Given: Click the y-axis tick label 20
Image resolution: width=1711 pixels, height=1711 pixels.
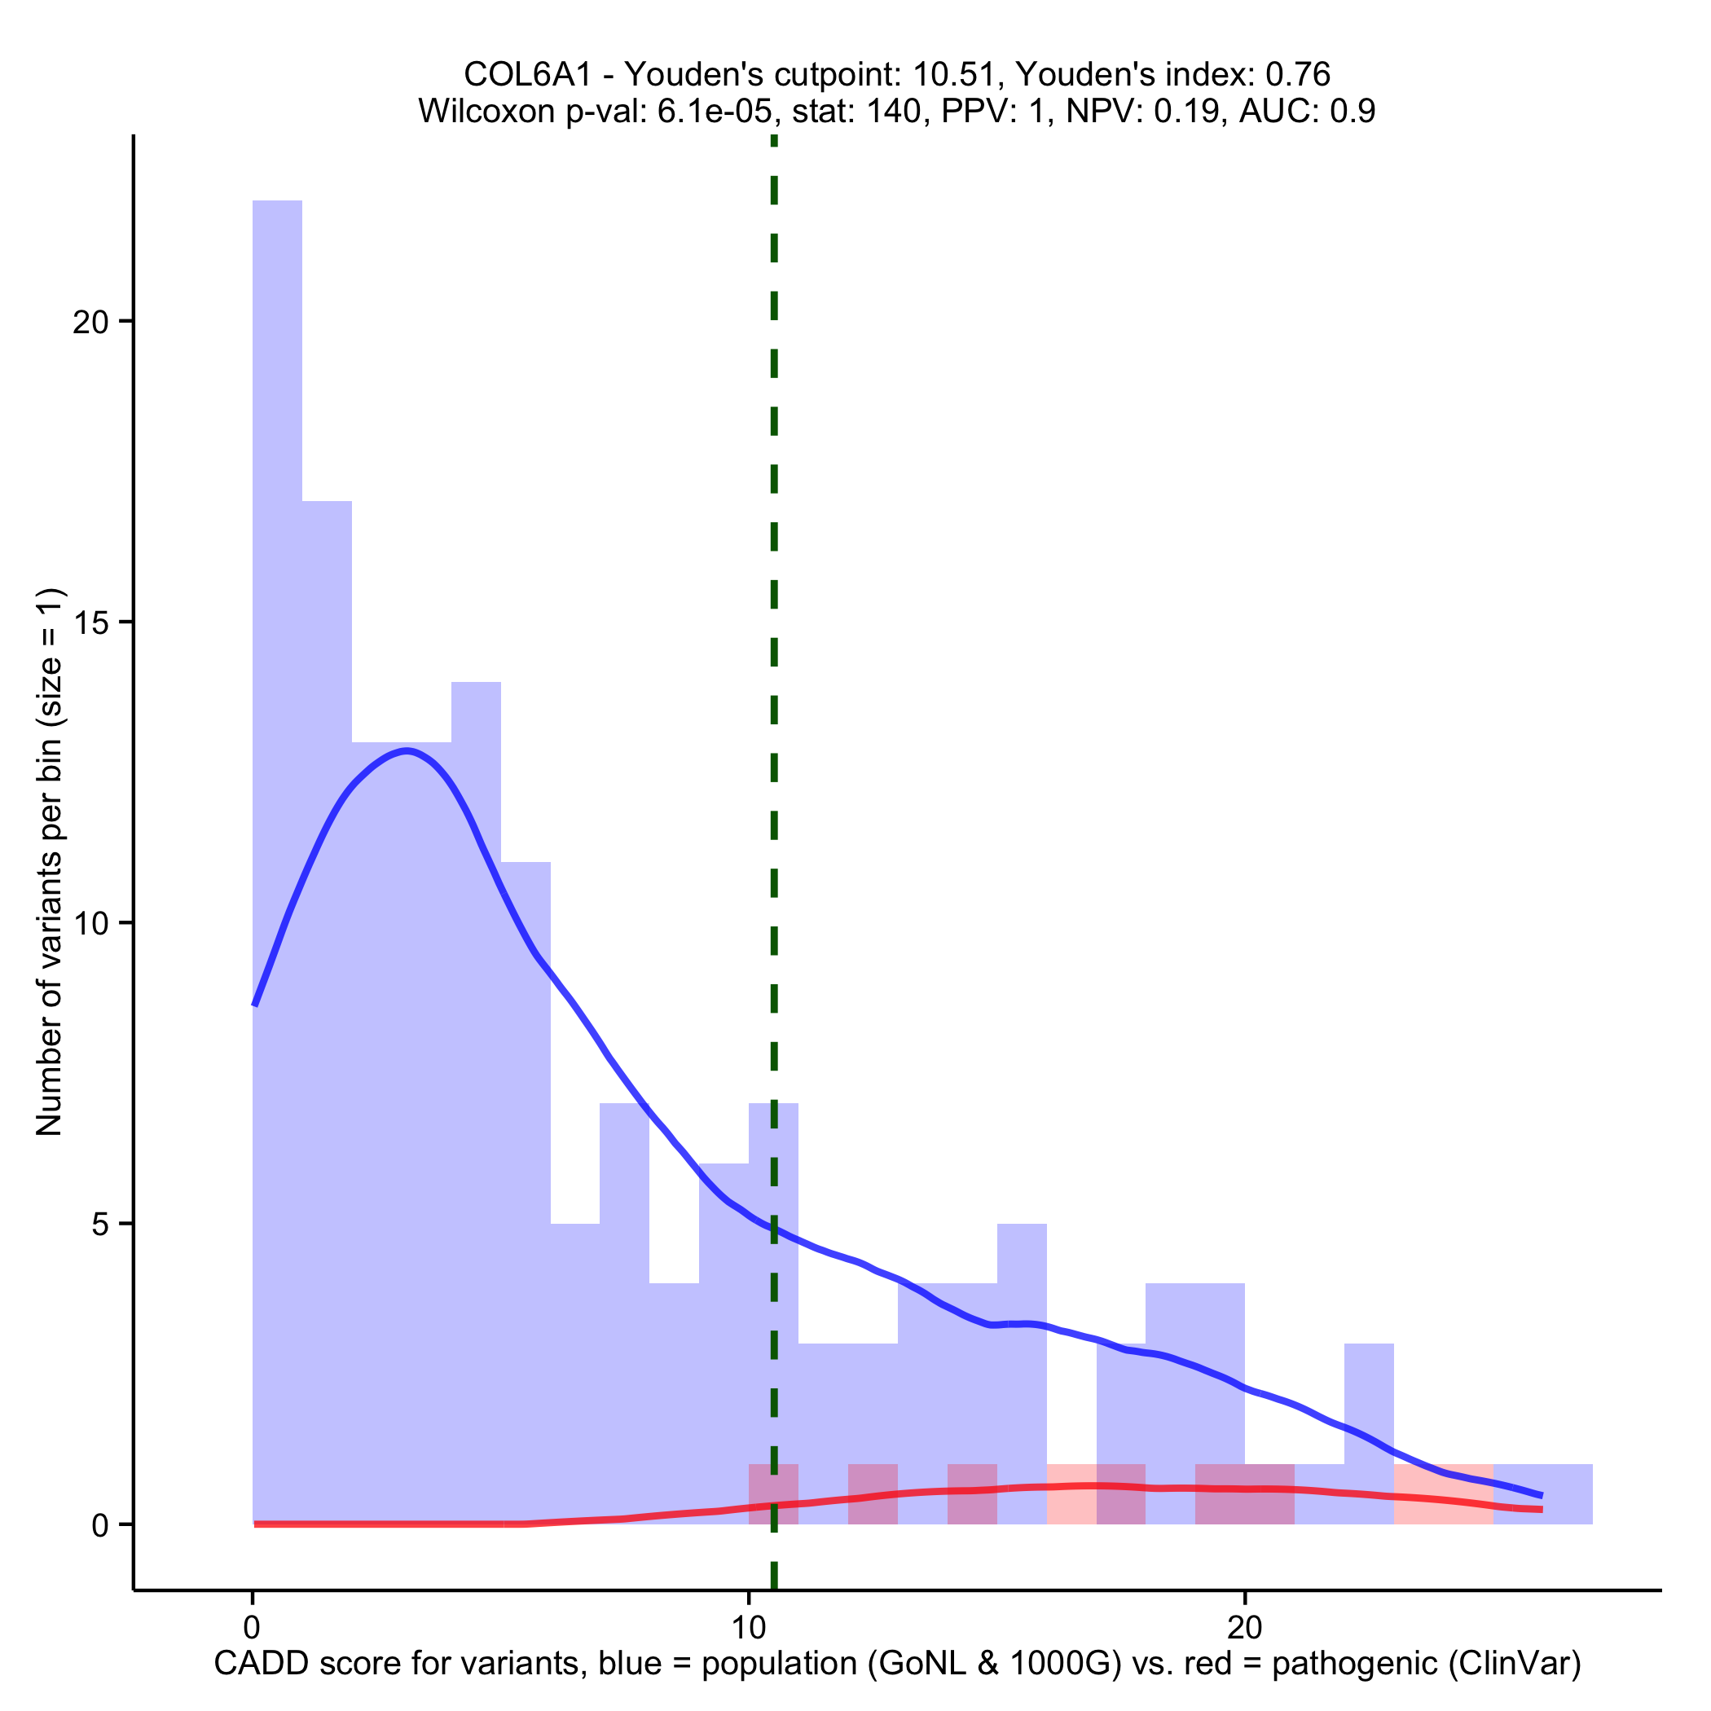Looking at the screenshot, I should pos(89,322).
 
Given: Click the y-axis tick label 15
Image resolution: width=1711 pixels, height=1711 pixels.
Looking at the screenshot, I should pos(89,622).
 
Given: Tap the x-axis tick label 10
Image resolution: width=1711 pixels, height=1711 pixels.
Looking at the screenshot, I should pos(748,1628).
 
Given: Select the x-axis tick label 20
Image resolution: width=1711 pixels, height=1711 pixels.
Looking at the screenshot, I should pos(1244,1628).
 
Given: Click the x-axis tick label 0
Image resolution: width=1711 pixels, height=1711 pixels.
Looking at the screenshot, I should pos(253,1628).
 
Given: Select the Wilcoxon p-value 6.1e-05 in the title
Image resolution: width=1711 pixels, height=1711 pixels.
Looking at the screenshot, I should pos(714,112).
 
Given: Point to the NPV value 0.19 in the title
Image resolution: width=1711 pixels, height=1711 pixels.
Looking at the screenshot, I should pos(1190,112).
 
